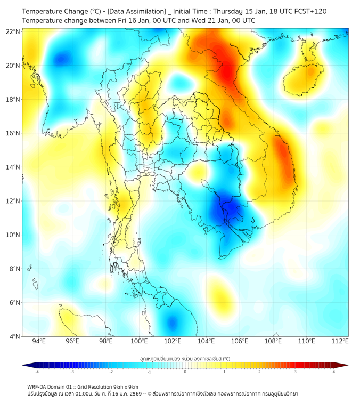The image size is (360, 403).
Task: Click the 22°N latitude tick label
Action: (13, 31)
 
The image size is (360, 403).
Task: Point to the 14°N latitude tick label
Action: (13, 167)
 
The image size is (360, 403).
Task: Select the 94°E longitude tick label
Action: (39, 341)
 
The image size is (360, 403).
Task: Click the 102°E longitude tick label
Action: (173, 341)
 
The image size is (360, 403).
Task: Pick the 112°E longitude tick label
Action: (340, 341)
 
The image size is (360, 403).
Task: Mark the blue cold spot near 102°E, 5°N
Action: (172, 322)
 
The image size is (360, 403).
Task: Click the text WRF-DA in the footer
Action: (39, 386)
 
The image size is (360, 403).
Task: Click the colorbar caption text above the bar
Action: (185, 359)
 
